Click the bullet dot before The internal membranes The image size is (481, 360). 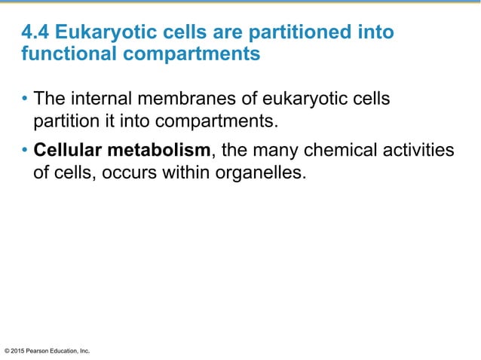tap(25, 101)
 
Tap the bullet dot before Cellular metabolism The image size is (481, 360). tap(25, 152)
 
